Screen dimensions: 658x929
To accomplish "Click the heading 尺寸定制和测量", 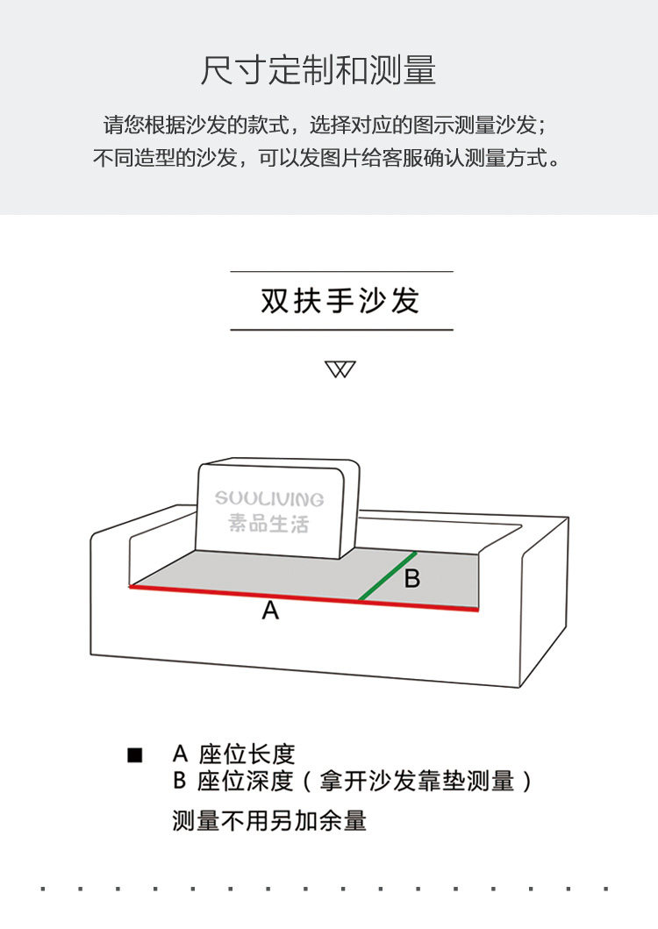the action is coord(318,70).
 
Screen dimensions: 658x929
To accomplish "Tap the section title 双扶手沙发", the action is coord(340,301).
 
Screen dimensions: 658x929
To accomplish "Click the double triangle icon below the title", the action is coord(340,369).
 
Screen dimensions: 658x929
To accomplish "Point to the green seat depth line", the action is coord(386,576).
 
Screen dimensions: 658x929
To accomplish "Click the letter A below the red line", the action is coord(270,611).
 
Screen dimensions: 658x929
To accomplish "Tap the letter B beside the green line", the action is coord(411,579).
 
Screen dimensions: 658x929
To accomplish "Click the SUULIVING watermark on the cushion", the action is coord(269,499).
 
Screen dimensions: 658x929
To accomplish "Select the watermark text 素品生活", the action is coord(268,524).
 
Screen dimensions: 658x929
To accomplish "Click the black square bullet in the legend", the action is coord(135,754).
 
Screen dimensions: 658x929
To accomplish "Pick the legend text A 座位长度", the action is coord(234,754).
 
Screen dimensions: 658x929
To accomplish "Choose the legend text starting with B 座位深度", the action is coord(352,781).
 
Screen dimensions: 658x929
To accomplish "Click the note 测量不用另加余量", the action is coord(269,821).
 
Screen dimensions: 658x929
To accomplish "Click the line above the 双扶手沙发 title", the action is coord(341,272).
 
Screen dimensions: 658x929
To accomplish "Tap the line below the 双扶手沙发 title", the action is coord(341,330).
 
